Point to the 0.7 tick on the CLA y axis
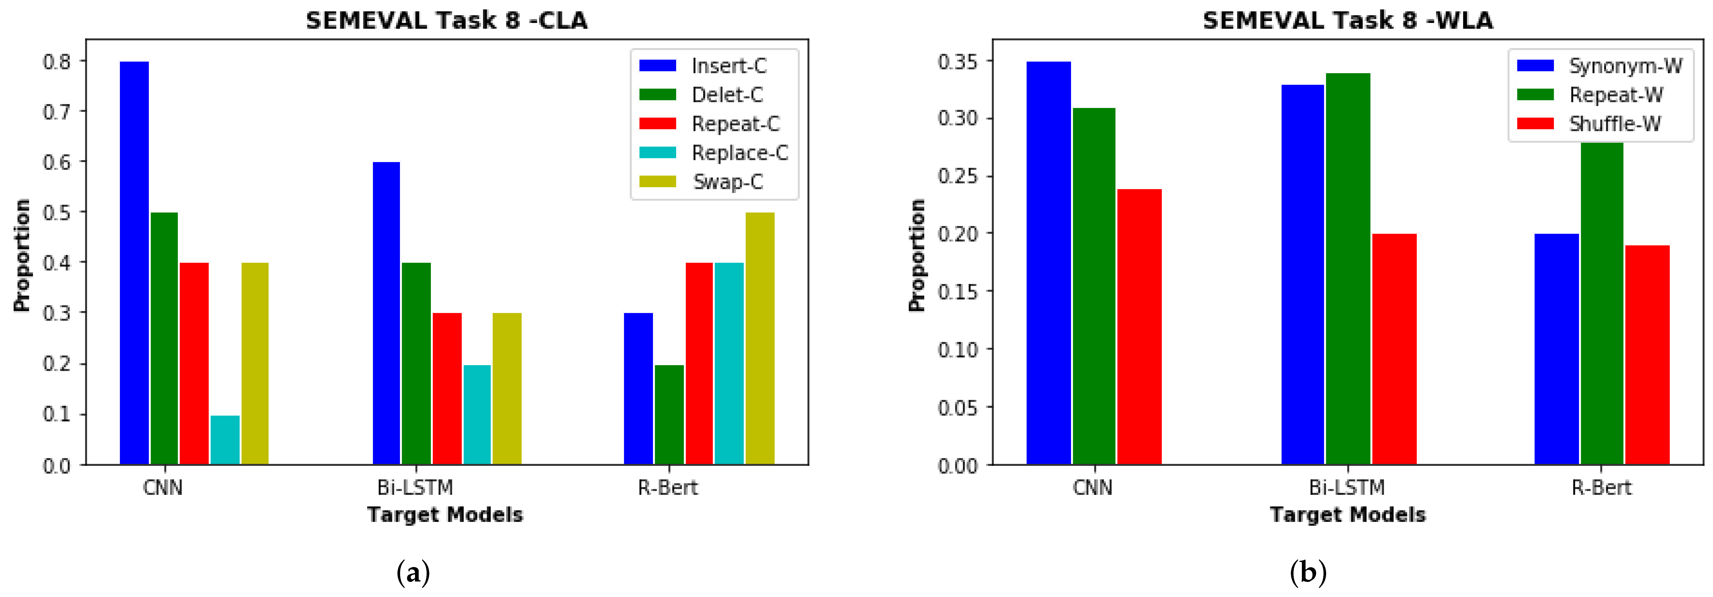pyautogui.click(x=56, y=111)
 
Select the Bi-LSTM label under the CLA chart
pyautogui.click(x=415, y=488)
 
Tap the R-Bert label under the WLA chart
pyautogui.click(x=1601, y=488)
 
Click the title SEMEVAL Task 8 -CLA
pyautogui.click(x=447, y=21)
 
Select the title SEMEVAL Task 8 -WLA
pyautogui.click(x=1348, y=21)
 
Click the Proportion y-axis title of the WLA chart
pyautogui.click(x=918, y=255)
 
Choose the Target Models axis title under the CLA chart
pyautogui.click(x=445, y=515)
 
